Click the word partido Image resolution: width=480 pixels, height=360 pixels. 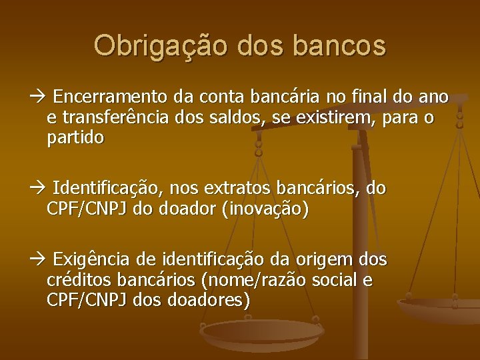click(x=76, y=138)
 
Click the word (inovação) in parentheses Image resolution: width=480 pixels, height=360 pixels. click(x=267, y=209)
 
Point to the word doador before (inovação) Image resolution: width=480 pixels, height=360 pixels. click(x=193, y=209)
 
